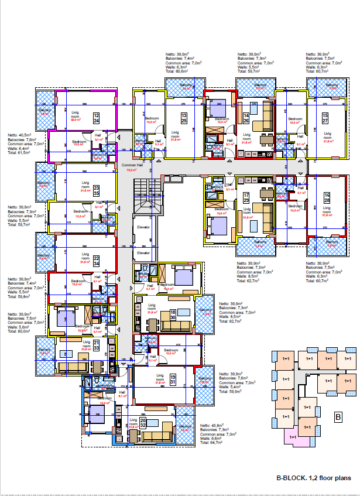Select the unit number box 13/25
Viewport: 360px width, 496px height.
pos(184,118)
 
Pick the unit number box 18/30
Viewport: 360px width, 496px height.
pos(173,314)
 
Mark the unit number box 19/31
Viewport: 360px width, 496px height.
pos(173,380)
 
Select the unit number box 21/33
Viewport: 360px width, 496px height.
pos(97,346)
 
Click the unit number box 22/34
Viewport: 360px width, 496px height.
pos(97,261)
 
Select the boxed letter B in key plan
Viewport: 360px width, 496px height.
pos(338,418)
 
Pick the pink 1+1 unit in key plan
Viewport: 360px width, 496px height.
pos(293,436)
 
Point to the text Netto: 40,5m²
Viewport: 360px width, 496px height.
pos(20,134)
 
